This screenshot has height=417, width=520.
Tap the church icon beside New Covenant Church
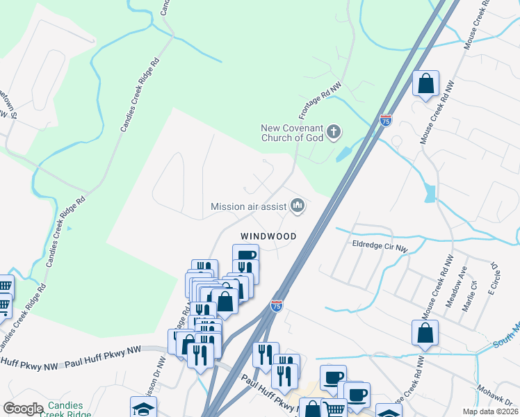click(334, 131)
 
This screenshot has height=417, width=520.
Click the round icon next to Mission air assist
click(298, 204)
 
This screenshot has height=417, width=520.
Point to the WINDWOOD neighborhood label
click(268, 236)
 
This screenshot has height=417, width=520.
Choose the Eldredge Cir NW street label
click(380, 244)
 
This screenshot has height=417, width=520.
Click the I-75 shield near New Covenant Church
click(385, 121)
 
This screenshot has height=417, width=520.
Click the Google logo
click(23, 409)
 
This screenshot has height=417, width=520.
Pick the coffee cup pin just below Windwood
click(245, 256)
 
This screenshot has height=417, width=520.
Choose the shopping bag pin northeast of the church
click(425, 85)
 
